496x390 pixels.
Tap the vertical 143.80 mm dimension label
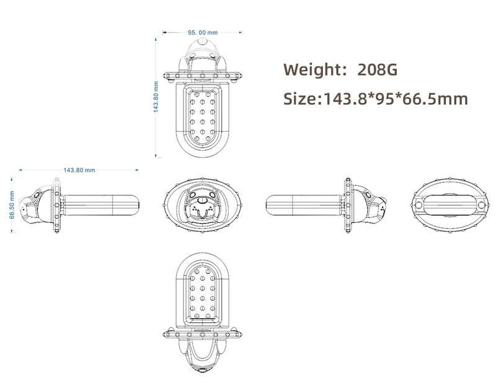tap(156, 97)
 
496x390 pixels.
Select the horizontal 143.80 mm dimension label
tap(79, 170)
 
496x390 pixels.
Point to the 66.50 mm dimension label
tap(12, 205)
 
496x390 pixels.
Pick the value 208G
tap(378, 69)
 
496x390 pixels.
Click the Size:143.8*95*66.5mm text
tap(376, 99)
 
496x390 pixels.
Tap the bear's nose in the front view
tap(201, 200)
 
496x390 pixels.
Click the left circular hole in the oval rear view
tap(418, 205)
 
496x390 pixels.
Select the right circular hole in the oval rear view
tap(481, 205)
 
